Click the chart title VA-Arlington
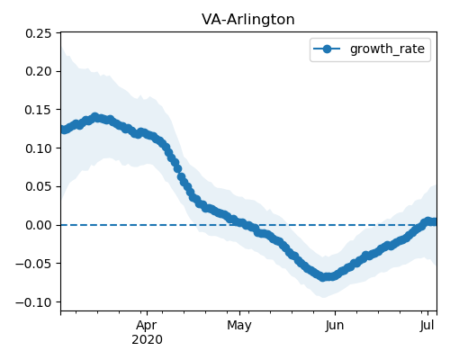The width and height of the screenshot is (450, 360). click(248, 20)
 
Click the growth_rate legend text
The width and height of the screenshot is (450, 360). click(387, 49)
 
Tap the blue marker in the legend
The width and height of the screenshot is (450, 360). click(327, 49)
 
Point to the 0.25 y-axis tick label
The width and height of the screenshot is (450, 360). click(39, 33)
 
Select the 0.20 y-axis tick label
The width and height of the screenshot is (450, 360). click(39, 71)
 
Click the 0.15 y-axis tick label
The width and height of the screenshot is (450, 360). click(39, 110)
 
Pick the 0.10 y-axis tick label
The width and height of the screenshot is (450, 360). click(39, 148)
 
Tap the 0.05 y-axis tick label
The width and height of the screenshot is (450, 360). click(39, 186)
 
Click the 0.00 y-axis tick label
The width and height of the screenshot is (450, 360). click(39, 225)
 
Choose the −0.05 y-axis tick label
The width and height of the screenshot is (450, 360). click(33, 264)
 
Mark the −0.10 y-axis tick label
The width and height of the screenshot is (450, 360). click(33, 301)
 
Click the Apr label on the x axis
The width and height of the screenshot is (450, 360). click(147, 326)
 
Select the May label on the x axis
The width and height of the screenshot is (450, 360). click(239, 326)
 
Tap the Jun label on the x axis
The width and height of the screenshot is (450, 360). click(335, 326)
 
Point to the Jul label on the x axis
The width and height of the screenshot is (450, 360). click(427, 326)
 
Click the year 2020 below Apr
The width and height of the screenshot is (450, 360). click(147, 340)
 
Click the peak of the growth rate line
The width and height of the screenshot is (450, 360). click(95, 117)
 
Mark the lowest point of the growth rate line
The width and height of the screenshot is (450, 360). click(323, 276)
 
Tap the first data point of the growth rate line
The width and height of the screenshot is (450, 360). click(62, 130)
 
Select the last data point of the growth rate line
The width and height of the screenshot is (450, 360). click(435, 222)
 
